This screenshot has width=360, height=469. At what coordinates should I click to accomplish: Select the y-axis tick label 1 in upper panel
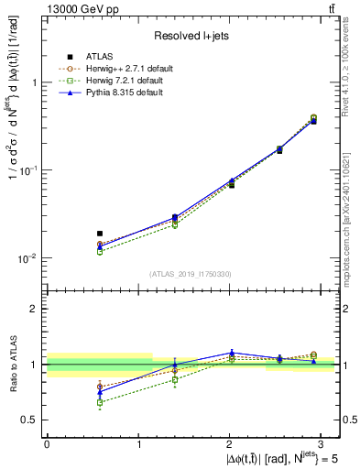35,82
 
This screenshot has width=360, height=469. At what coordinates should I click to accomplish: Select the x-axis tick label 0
47,443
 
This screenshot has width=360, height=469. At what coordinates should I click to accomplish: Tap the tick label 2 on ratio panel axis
35,309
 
